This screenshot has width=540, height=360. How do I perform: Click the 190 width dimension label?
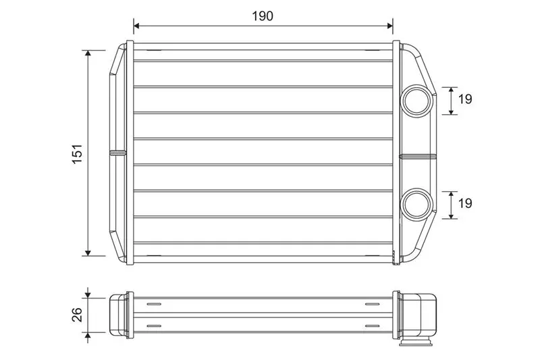(263, 16)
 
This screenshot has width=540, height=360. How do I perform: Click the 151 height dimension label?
(78, 153)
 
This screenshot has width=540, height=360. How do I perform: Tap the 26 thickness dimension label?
(77, 315)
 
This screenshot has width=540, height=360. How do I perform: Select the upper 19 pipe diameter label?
(465, 99)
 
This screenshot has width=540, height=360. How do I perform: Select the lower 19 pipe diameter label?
(465, 203)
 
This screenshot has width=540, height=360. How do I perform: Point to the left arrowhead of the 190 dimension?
(137, 26)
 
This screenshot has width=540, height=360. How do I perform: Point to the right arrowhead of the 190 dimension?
(390, 26)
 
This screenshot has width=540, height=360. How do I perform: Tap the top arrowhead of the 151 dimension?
(88, 53)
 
